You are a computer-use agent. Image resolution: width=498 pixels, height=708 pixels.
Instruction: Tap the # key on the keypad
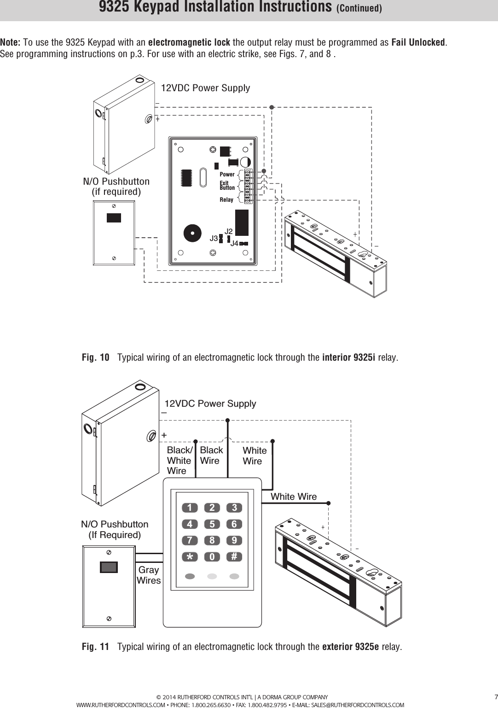point(234,557)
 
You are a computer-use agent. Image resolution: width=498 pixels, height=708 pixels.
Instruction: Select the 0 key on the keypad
point(212,557)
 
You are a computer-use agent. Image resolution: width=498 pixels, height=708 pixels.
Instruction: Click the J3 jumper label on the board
point(214,239)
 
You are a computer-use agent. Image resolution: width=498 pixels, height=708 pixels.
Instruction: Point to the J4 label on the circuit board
point(234,243)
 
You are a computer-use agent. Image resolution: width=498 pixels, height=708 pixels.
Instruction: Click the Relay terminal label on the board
point(226,200)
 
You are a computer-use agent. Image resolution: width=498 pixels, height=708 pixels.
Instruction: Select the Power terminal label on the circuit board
point(227,175)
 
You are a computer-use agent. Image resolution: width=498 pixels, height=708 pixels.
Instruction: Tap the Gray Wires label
point(149,576)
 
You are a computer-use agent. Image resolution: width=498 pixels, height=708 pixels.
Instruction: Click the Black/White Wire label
point(179,460)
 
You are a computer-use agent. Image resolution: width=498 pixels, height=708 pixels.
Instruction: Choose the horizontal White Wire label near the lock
point(294,497)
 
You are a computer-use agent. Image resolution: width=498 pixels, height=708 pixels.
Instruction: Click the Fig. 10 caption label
point(96,358)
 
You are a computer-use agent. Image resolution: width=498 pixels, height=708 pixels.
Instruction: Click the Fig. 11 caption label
point(96,647)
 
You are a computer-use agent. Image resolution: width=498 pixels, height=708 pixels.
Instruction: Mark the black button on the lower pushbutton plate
point(109,567)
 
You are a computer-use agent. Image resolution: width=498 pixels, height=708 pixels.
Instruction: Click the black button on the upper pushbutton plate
point(114,218)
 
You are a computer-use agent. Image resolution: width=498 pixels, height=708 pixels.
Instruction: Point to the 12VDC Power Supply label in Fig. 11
point(210,404)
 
